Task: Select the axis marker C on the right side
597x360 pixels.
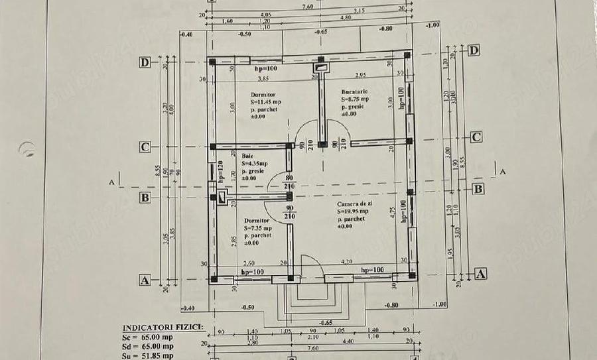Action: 476,137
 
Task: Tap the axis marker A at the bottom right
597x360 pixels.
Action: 482,273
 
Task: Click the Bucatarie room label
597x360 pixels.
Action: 355,91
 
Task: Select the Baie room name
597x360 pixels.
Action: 247,155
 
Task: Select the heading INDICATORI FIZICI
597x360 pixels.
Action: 163,328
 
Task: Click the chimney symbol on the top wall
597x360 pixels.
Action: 321,66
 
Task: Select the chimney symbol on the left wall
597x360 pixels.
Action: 221,197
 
